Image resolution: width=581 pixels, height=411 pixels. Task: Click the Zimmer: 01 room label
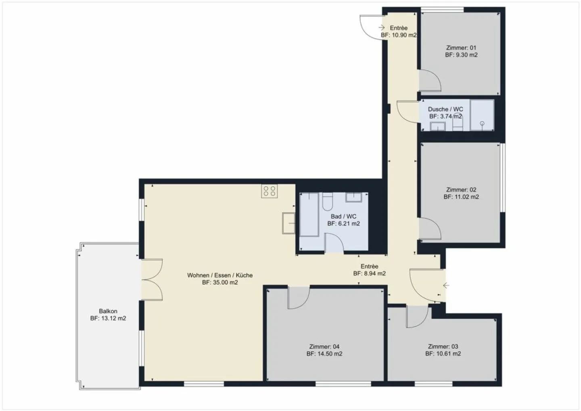pos(461,48)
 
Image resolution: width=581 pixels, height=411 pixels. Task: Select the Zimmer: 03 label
pos(443,346)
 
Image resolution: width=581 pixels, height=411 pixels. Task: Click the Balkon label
pos(108,311)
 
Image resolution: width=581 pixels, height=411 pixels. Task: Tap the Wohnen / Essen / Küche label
pos(220,275)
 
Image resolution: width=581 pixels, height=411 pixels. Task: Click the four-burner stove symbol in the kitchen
pos(270,191)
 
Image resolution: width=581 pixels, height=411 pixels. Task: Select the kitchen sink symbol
pos(289,223)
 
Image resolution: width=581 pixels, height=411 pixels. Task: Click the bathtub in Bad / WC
pos(309,215)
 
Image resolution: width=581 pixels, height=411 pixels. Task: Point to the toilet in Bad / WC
pos(327,201)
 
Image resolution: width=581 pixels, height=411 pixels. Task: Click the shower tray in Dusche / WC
pos(482,115)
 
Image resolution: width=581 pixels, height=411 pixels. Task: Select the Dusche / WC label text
pos(445,109)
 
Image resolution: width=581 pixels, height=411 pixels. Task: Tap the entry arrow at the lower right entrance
pos(446,286)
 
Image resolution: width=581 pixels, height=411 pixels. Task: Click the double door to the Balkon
pos(152,280)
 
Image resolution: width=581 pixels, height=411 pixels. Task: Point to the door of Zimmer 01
pos(429,81)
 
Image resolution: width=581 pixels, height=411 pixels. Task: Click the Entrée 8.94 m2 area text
pos(369,273)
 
